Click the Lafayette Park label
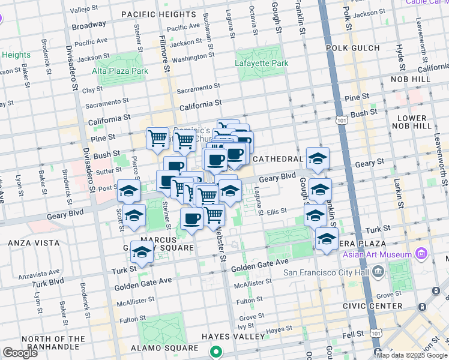click(x=262, y=63)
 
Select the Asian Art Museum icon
click(x=421, y=254)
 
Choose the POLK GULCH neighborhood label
click(x=352, y=48)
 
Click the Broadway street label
click(x=88, y=26)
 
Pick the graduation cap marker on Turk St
click(x=142, y=253)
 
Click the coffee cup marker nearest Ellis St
click(x=191, y=220)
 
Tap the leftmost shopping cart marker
click(x=157, y=139)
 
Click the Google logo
click(x=20, y=353)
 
